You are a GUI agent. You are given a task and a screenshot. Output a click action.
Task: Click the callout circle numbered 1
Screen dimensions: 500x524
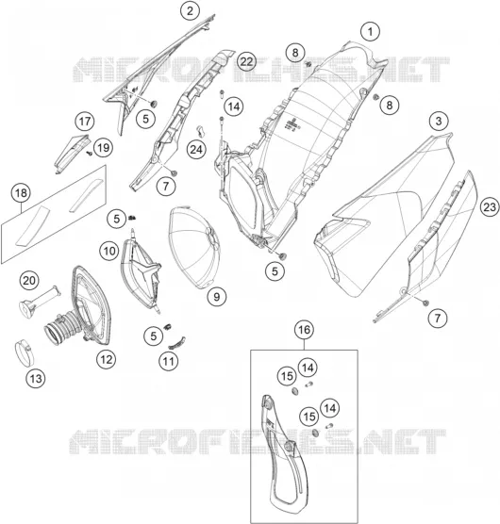point(370,32)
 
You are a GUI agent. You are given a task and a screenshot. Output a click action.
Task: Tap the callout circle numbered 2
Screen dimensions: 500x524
point(190,10)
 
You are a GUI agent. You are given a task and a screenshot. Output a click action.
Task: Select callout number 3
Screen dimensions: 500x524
point(439,121)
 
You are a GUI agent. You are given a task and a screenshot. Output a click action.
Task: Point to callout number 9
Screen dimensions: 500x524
point(216,297)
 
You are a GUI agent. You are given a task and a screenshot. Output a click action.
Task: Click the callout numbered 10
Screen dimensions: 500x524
point(109,251)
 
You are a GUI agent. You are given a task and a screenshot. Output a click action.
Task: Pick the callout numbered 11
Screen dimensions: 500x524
point(168,361)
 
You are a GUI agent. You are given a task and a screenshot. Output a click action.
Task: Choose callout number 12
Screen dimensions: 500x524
point(106,360)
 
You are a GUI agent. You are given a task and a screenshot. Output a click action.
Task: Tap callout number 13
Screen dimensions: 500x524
point(36,379)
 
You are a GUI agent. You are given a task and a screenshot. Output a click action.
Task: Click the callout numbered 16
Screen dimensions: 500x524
point(304,330)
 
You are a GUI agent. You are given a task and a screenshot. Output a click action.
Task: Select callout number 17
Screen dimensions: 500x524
point(85,121)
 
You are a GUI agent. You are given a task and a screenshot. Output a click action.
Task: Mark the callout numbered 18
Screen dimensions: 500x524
point(21,193)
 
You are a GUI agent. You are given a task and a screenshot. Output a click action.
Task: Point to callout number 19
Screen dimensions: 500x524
point(103,147)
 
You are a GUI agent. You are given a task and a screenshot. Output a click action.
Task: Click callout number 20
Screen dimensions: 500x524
point(29,280)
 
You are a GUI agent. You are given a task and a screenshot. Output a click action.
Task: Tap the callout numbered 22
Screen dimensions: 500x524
point(246,61)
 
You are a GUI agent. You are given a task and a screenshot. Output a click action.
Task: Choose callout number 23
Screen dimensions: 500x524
point(490,207)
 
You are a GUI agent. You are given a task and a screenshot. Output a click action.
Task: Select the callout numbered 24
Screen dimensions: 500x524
point(196,150)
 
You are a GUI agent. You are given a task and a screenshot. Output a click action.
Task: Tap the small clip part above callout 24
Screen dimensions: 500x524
point(200,131)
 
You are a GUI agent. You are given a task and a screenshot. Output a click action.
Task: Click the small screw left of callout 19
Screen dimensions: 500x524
point(90,153)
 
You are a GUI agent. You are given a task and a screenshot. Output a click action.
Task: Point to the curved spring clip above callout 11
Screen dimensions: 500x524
point(176,342)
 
